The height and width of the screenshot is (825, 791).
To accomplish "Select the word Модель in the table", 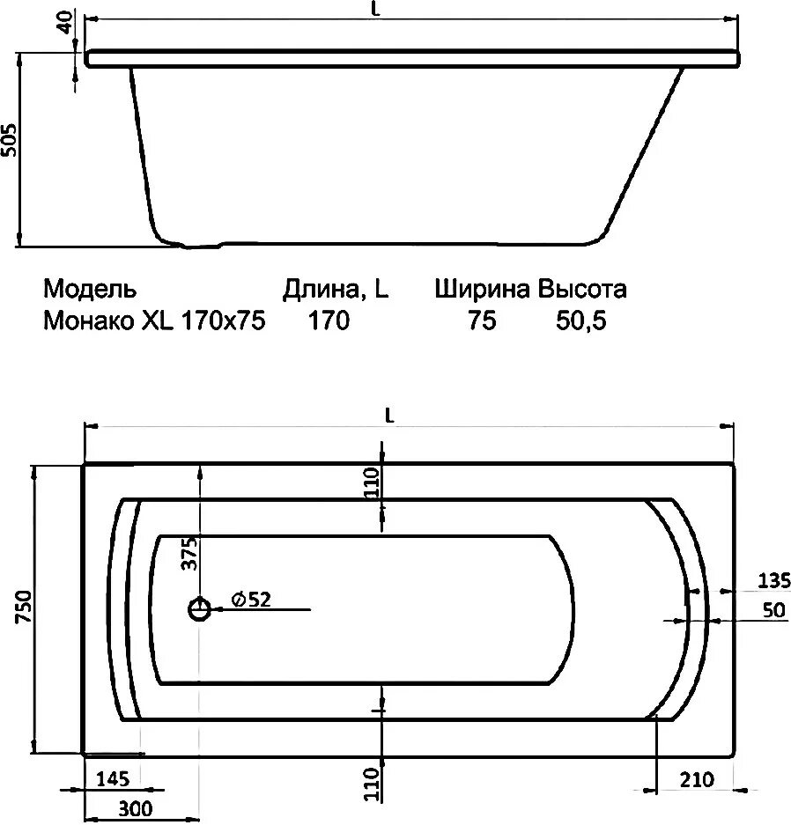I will pyautogui.click(x=90, y=289).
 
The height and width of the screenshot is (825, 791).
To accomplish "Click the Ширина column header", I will pyautogui.click(x=482, y=289).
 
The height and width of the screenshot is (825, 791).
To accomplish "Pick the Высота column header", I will pyautogui.click(x=583, y=289).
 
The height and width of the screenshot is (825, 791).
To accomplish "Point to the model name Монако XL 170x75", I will pyautogui.click(x=154, y=321).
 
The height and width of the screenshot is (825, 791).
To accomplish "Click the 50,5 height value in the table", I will pyautogui.click(x=581, y=321).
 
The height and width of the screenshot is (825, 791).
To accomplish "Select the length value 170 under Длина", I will pyautogui.click(x=328, y=321).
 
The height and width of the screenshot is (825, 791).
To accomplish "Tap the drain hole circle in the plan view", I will pyautogui.click(x=201, y=609).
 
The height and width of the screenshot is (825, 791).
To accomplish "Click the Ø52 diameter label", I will pyautogui.click(x=251, y=600).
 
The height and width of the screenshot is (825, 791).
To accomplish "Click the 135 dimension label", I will pyautogui.click(x=773, y=579).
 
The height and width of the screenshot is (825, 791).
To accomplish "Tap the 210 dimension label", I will pyautogui.click(x=696, y=779).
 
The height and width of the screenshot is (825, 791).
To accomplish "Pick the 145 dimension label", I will pyautogui.click(x=114, y=778).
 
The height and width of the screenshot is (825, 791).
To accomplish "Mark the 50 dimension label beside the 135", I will pyautogui.click(x=774, y=610).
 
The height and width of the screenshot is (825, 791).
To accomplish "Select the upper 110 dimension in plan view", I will pyautogui.click(x=372, y=483).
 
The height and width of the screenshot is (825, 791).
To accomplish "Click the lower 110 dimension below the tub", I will pyautogui.click(x=372, y=784).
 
